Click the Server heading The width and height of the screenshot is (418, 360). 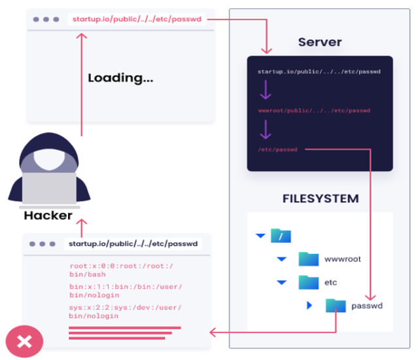(319, 42)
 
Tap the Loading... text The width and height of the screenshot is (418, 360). (120, 78)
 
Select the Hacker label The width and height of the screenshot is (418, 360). (48, 215)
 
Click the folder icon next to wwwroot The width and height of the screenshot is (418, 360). (308, 259)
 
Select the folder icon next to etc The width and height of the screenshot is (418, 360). (308, 282)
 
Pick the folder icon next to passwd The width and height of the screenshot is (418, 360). (335, 305)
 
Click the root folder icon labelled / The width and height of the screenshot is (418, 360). (281, 236)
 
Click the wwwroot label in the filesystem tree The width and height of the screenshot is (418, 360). (342, 259)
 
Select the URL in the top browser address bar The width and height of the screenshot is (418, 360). (138, 20)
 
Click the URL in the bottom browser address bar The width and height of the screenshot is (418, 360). (134, 243)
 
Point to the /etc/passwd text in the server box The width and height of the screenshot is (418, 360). (277, 149)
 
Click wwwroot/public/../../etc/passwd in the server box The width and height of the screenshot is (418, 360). (314, 111)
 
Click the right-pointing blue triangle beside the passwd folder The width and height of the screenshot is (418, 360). (309, 305)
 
